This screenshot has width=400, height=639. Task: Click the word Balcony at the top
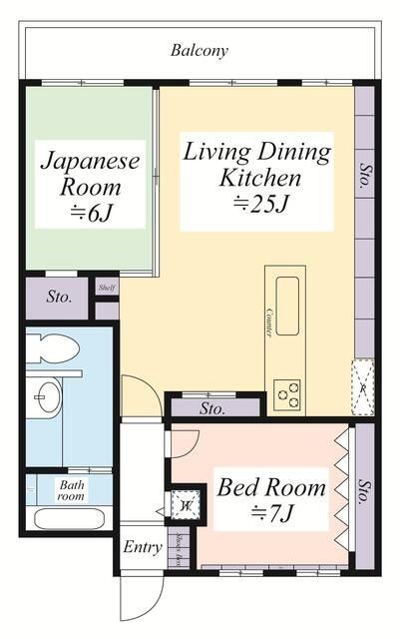(200, 49)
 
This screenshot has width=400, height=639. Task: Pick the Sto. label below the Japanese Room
(59, 296)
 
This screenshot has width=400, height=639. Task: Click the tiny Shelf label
(107, 288)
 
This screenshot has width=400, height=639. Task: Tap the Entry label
(143, 547)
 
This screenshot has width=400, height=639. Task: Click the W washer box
(186, 506)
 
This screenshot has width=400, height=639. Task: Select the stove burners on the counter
(287, 392)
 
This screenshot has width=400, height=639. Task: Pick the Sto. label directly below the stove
(212, 408)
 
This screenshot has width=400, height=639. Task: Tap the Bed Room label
(271, 488)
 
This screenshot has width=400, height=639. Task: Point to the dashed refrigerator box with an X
(364, 384)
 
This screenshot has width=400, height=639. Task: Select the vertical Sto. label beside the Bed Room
(364, 488)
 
